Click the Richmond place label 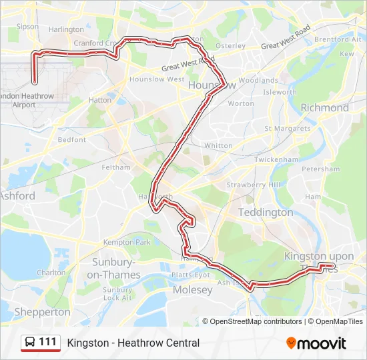click(324, 107)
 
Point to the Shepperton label click(42, 311)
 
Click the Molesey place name click(192, 290)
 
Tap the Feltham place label click(117, 167)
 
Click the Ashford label click(17, 196)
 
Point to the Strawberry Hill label click(254, 185)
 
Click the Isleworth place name click(280, 92)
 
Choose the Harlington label click(66, 29)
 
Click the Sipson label click(27, 27)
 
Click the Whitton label click(218, 145)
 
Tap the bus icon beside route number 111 click(30, 343)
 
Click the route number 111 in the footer click(48, 342)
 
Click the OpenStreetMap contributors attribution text click(256, 321)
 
